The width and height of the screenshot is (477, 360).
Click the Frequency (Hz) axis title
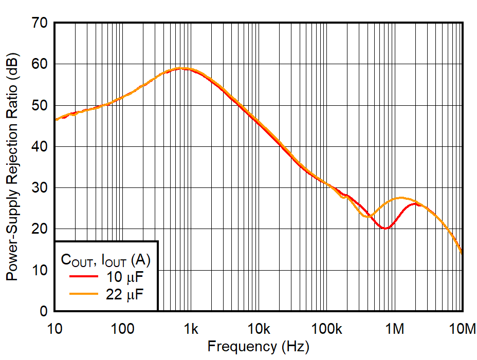(x=258, y=347)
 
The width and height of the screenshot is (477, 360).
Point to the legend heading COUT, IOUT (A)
(x=105, y=260)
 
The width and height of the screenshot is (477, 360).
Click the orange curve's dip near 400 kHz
(x=366, y=216)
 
